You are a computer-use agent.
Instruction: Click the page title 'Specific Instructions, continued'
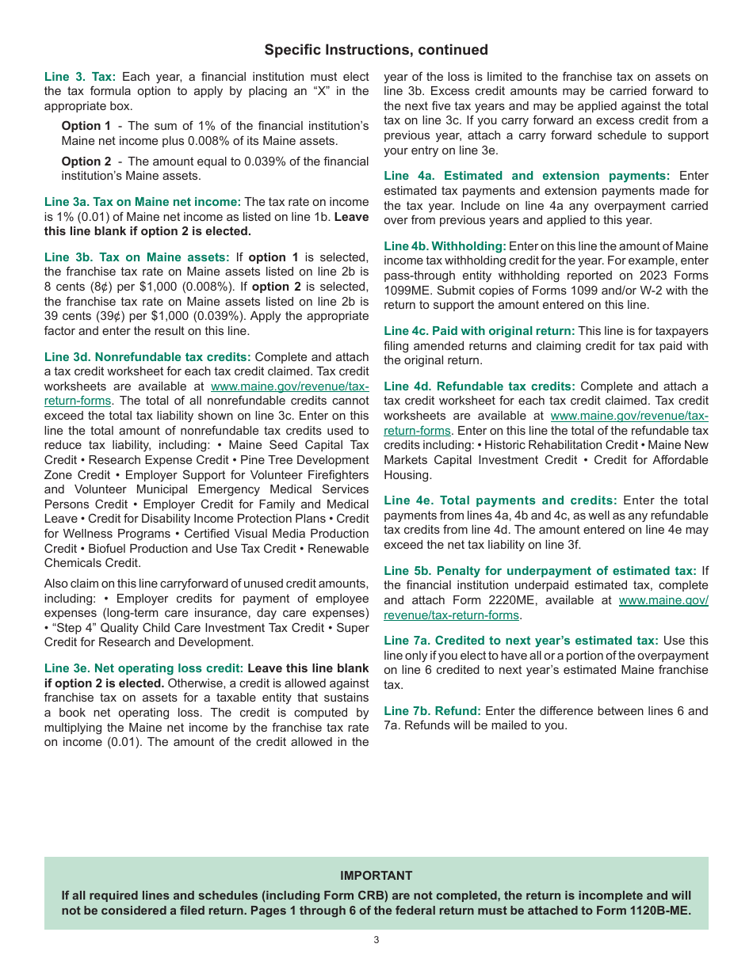376,50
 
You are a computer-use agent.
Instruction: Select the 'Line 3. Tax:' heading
80,77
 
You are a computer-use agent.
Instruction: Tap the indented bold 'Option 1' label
86,126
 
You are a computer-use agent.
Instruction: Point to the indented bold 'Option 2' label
86,162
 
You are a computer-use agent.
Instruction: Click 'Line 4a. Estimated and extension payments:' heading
526,176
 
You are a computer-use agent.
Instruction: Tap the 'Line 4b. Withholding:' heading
445,246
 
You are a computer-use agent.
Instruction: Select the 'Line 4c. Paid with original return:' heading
479,331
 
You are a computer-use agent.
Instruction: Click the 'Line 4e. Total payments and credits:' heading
500,500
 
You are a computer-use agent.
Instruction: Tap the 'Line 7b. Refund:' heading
433,710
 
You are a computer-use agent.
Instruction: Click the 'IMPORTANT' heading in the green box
376,875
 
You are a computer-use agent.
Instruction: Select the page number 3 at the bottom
376,940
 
